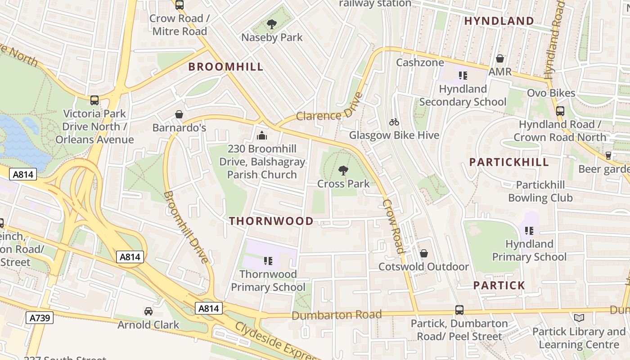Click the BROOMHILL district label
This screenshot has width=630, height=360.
point(225,67)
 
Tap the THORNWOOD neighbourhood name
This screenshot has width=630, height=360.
point(271,221)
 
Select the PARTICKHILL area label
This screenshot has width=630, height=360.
point(509,162)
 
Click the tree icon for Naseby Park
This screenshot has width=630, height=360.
point(271,24)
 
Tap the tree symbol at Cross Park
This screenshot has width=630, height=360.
point(343,171)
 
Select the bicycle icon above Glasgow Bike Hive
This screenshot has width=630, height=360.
point(394,122)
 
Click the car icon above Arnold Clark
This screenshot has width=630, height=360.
point(148,311)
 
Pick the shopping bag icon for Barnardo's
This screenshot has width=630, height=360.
point(179,114)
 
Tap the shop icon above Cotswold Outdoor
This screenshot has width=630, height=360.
point(423,254)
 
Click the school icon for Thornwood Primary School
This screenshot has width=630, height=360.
point(268,261)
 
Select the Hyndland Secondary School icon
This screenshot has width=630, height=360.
point(463,76)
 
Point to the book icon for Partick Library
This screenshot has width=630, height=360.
point(579,318)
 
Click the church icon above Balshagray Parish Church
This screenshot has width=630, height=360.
point(261,135)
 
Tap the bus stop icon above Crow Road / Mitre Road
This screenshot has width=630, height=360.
point(179,5)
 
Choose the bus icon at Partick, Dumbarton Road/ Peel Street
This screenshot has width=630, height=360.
point(459,310)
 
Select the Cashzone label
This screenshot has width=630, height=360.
point(419,63)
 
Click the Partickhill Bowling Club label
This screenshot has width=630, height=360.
point(540,191)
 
